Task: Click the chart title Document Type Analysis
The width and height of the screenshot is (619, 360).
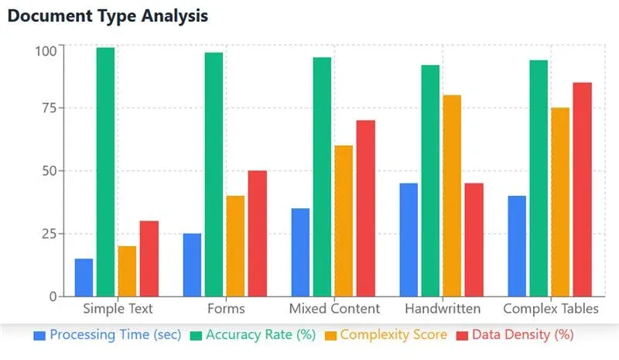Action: click(x=108, y=15)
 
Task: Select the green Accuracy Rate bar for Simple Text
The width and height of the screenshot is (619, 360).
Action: click(x=105, y=172)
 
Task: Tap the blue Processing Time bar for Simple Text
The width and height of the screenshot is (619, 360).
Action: click(x=84, y=277)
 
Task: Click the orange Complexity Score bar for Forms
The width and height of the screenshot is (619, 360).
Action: click(x=235, y=245)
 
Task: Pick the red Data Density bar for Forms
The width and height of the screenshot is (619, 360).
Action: click(x=257, y=233)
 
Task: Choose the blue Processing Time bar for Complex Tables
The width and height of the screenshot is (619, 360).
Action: click(x=517, y=245)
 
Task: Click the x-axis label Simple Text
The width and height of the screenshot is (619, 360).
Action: click(x=117, y=308)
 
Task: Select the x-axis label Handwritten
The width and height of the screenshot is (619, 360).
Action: click(x=442, y=308)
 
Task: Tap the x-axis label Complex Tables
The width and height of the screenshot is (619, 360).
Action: click(x=550, y=308)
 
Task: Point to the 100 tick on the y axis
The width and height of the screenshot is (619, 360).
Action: click(x=46, y=51)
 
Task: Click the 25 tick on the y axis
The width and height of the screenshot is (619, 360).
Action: click(x=50, y=234)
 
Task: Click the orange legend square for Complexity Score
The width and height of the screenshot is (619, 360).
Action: click(x=330, y=335)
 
